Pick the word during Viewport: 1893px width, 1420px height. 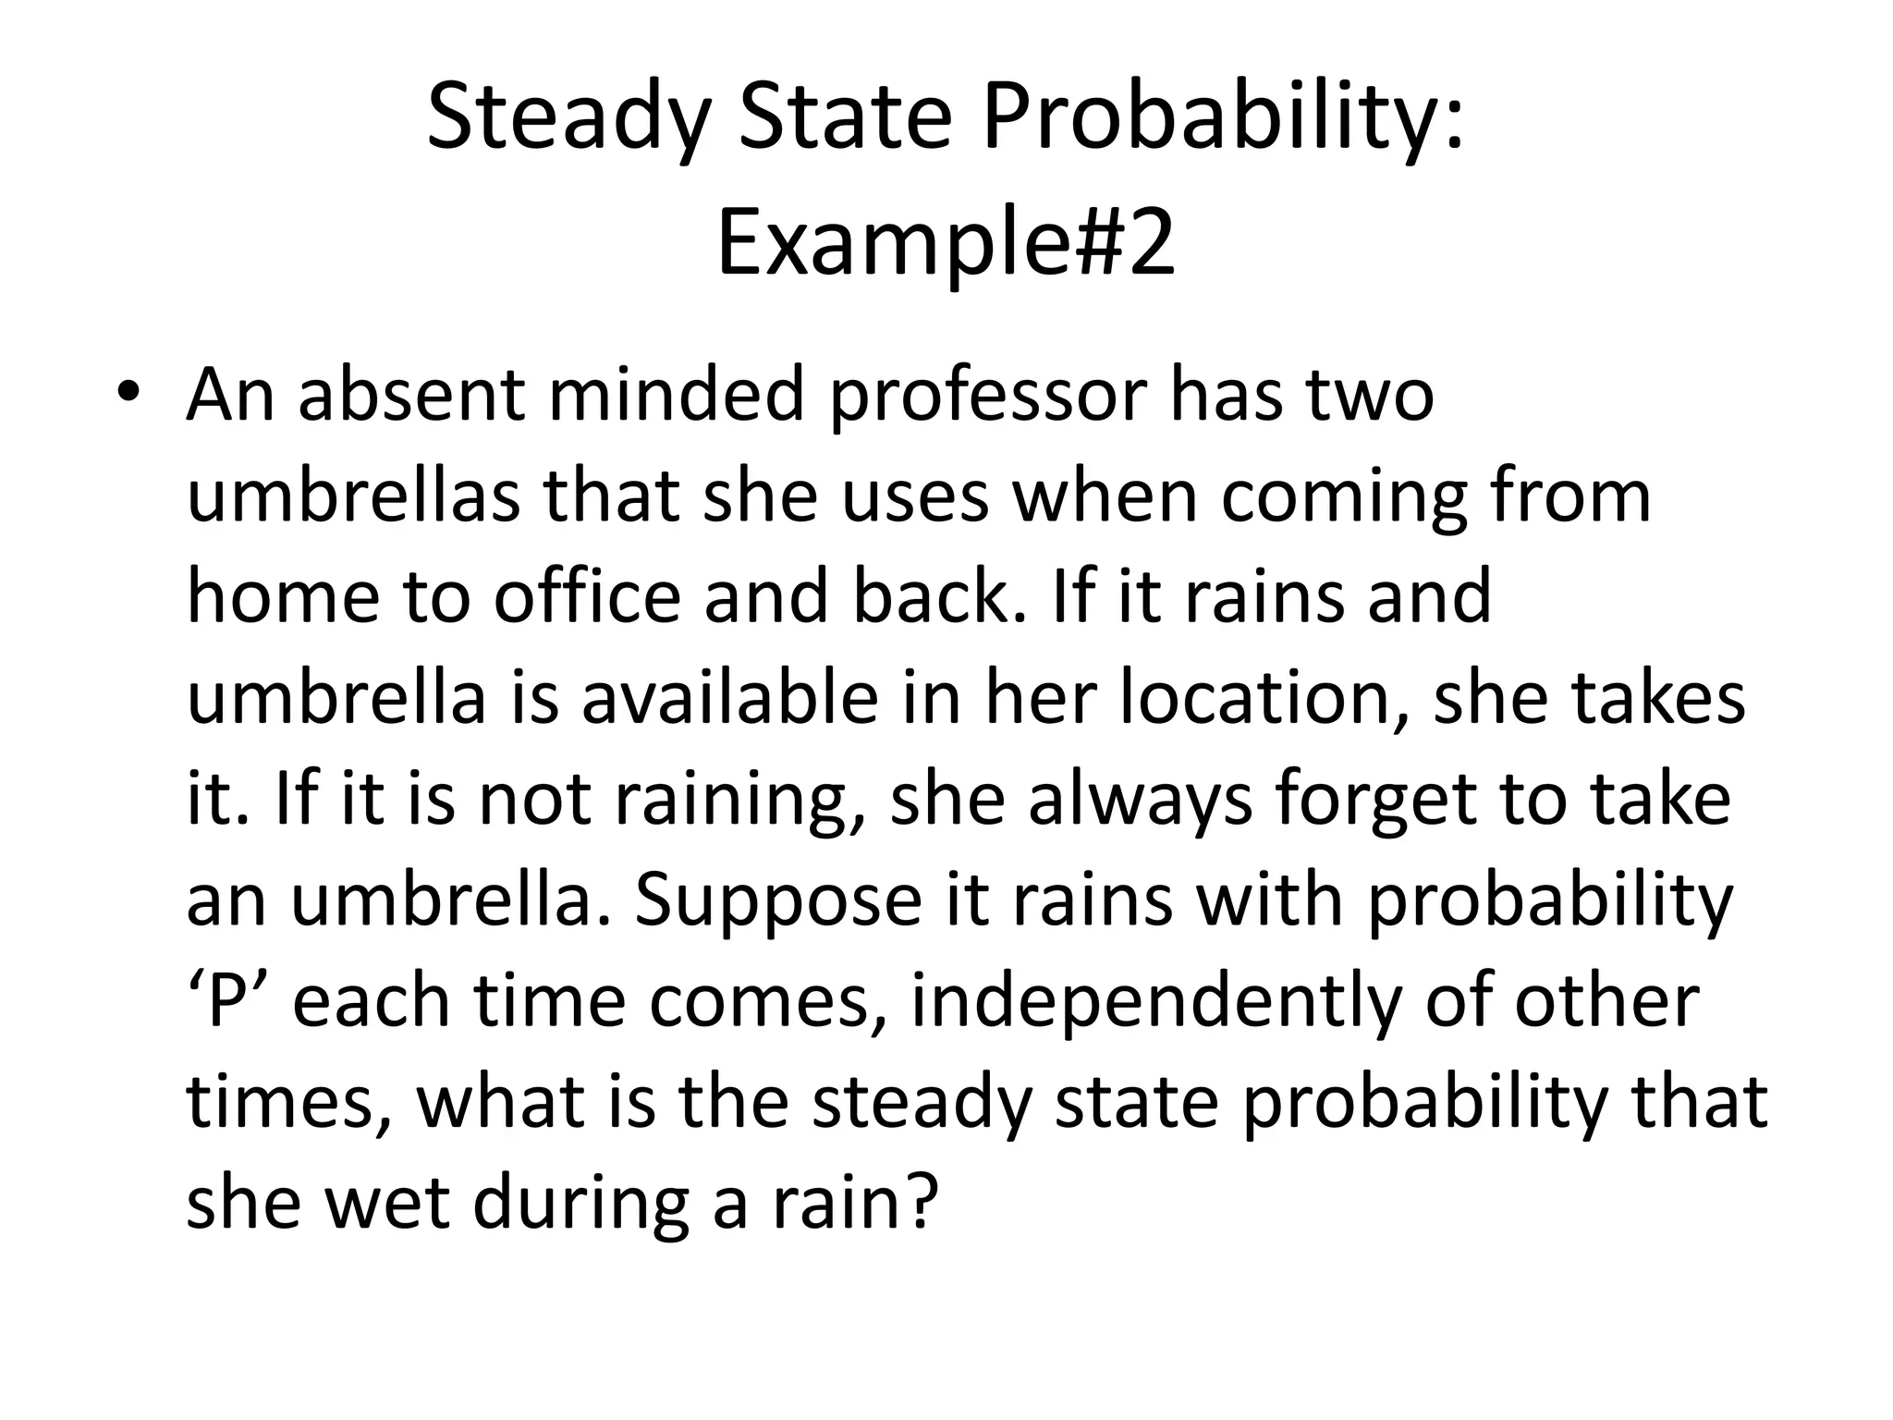[x=580, y=1204]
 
